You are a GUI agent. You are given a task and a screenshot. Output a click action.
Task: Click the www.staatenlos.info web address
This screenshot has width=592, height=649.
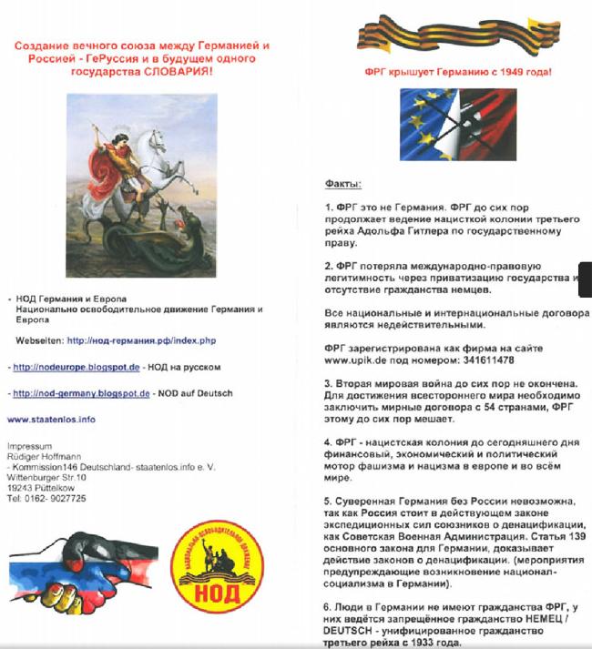pos(51,420)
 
